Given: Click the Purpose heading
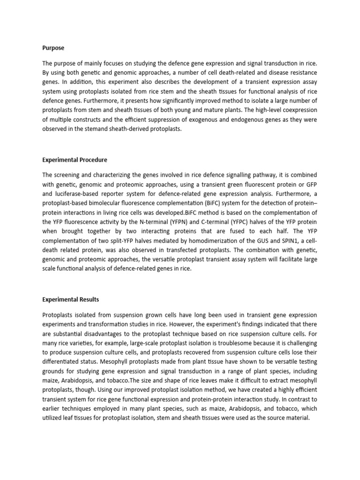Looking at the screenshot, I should pyautogui.click(x=53, y=48).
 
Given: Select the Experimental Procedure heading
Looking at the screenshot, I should pyautogui.click(x=75, y=160).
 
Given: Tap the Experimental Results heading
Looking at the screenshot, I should pyautogui.click(x=71, y=299).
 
